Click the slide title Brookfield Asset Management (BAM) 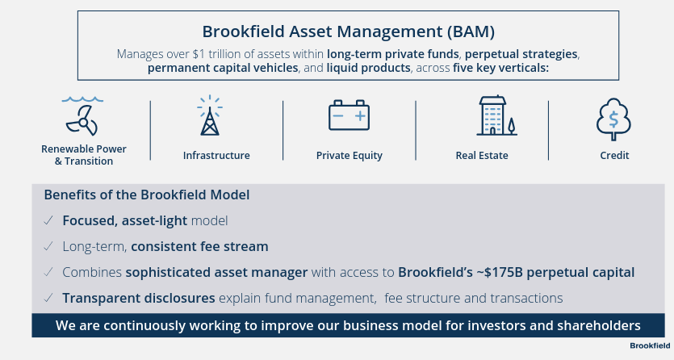tap(348, 32)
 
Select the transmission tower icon tap(210, 116)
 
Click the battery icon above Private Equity tap(349, 116)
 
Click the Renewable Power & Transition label tap(84, 155)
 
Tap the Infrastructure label tap(216, 155)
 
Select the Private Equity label tap(349, 155)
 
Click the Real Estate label tap(482, 155)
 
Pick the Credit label tap(614, 155)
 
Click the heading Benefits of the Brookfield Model tap(146, 195)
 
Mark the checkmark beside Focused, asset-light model tap(49, 220)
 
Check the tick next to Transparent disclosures tap(49, 298)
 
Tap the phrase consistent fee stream tap(199, 246)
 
